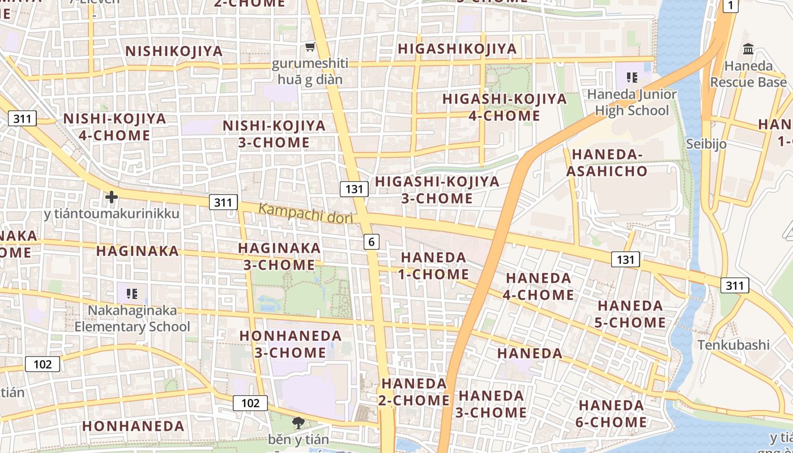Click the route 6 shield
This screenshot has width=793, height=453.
(x=371, y=242)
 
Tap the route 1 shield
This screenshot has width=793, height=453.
(x=731, y=6)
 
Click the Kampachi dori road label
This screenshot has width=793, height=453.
(x=305, y=213)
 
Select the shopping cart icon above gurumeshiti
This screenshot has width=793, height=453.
(x=310, y=46)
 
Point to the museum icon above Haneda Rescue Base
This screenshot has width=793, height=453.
(x=748, y=49)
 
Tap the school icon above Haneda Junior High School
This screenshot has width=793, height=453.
(x=632, y=77)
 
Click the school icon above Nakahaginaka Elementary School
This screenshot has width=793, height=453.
(x=132, y=293)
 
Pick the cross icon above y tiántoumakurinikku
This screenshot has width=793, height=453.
(x=112, y=197)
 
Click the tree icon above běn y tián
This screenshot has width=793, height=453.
(x=298, y=422)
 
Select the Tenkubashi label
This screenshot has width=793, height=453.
(x=734, y=345)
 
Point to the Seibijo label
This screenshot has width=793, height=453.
(x=706, y=144)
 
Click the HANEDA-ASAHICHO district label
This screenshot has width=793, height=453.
(x=609, y=163)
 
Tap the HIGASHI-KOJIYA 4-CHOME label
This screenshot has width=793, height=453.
(x=504, y=107)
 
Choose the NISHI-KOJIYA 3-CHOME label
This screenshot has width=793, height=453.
(x=274, y=134)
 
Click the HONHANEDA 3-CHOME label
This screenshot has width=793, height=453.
(x=290, y=344)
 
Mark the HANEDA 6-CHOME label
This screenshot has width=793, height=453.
(x=612, y=413)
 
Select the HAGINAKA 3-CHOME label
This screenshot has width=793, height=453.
(x=279, y=256)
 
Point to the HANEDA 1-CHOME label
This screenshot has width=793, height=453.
(x=434, y=266)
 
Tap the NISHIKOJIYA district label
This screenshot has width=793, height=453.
(x=174, y=51)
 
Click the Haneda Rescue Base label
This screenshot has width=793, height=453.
(x=748, y=74)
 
